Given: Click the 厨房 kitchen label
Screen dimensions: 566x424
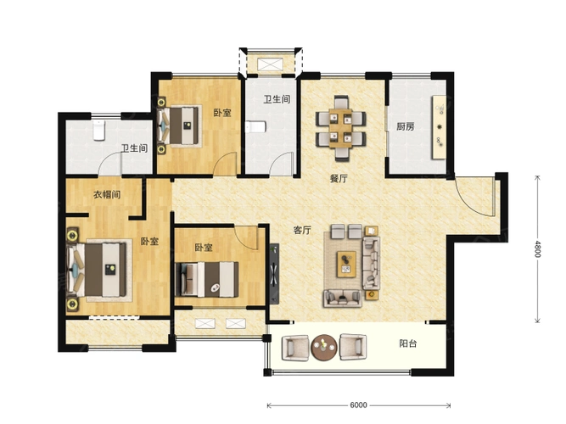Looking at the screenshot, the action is pyautogui.click(x=406, y=126).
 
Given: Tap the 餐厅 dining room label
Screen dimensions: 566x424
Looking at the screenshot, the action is pyautogui.click(x=339, y=178).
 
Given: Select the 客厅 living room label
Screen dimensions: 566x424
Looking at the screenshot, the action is pyautogui.click(x=302, y=230).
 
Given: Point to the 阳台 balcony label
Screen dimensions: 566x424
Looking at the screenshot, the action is pyautogui.click(x=408, y=343).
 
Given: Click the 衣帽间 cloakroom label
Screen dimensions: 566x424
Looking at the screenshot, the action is pyautogui.click(x=107, y=195).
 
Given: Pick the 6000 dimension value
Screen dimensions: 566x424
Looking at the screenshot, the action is pyautogui.click(x=358, y=405).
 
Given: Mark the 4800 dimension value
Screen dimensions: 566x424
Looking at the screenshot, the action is pyautogui.click(x=537, y=249).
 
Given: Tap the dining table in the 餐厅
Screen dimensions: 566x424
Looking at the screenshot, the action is pyautogui.click(x=340, y=128).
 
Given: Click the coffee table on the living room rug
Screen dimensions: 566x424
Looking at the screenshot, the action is pyautogui.click(x=346, y=264).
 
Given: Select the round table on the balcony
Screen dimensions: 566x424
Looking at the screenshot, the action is pyautogui.click(x=324, y=348).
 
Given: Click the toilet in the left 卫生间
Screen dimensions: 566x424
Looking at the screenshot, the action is pyautogui.click(x=99, y=131).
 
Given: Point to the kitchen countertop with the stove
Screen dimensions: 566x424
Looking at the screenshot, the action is pyautogui.click(x=440, y=127).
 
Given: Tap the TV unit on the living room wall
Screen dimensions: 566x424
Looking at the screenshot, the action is pyautogui.click(x=274, y=274).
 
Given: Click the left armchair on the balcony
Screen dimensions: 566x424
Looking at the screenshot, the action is pyautogui.click(x=295, y=348).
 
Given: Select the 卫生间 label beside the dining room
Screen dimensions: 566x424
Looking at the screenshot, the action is pyautogui.click(x=277, y=99).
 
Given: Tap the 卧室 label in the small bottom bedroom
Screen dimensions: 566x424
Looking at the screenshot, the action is pyautogui.click(x=204, y=248).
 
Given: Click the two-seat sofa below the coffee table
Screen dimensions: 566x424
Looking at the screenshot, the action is pyautogui.click(x=343, y=298).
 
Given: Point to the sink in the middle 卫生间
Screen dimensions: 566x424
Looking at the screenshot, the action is pyautogui.click(x=255, y=126).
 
